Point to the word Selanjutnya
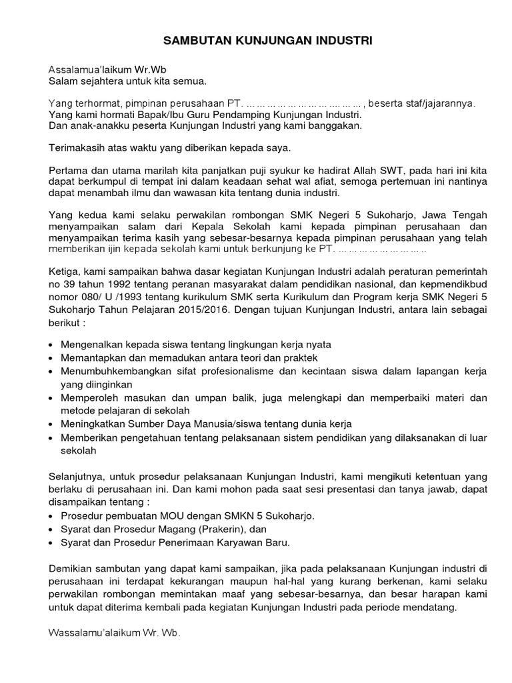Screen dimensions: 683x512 pos(79,477)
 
